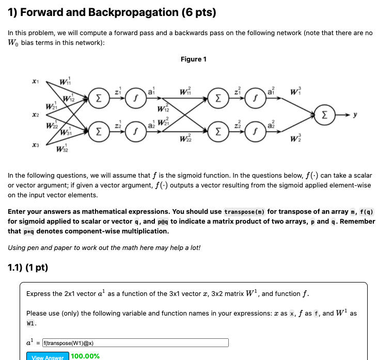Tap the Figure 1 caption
tap(194, 59)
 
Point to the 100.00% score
tap(85, 356)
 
